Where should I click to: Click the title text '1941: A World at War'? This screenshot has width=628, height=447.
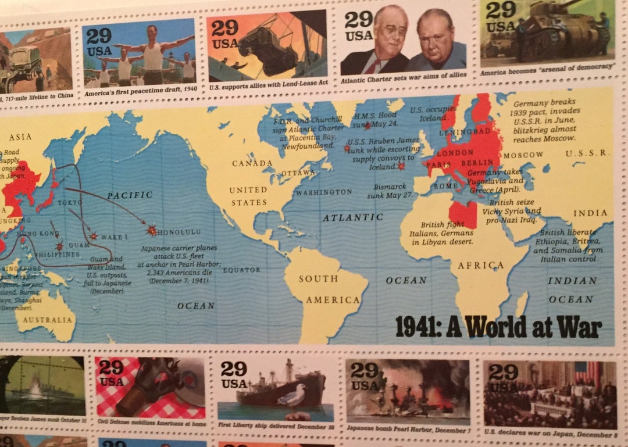(x=498, y=327)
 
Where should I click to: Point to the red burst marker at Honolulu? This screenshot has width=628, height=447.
(x=152, y=231)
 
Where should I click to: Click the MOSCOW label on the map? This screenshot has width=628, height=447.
(x=523, y=155)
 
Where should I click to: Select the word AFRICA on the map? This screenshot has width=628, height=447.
(x=480, y=266)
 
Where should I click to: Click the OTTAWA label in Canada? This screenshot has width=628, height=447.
(x=298, y=173)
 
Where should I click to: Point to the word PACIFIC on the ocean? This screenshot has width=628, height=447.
(x=129, y=195)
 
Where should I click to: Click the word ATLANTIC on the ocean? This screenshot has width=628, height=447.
(x=353, y=217)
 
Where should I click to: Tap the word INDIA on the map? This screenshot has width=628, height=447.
(x=590, y=213)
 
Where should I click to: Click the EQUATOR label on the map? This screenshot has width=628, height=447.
(x=240, y=270)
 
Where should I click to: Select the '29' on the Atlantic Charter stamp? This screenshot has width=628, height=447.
(x=358, y=20)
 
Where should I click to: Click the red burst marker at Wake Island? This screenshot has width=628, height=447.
(x=94, y=237)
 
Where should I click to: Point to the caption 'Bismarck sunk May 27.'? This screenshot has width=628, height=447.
(x=389, y=192)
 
